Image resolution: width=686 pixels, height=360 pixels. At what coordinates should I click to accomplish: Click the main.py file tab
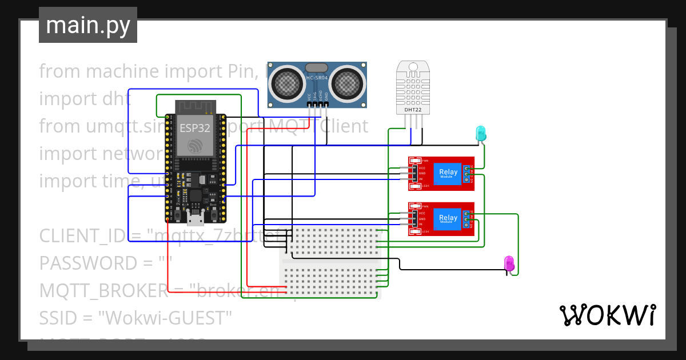87,25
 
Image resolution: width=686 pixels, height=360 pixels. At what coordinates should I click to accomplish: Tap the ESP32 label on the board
194,127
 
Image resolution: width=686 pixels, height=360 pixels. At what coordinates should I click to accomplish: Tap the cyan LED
481,133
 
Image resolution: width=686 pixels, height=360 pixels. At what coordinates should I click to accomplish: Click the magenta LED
509,263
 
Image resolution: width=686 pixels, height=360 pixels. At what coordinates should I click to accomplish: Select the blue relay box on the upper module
448,173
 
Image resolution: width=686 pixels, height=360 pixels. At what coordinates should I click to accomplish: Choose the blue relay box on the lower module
448,219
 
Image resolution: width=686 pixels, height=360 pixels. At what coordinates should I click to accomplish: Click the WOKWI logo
607,315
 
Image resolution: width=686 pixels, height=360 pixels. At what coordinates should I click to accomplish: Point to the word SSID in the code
58,318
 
